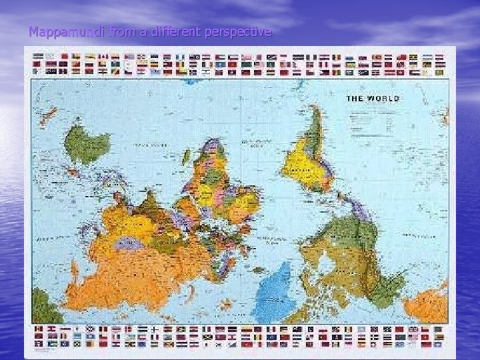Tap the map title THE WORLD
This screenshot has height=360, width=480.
(372, 98)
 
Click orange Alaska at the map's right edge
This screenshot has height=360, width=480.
(427, 307)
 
